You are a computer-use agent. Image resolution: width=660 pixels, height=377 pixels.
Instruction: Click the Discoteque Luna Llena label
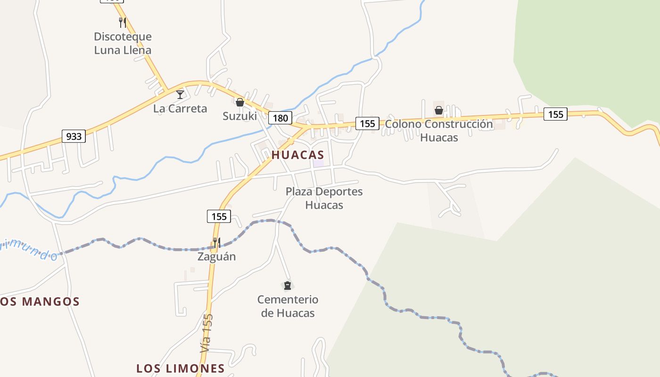[123, 43]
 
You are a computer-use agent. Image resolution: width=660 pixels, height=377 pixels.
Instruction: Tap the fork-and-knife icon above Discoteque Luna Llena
[123, 22]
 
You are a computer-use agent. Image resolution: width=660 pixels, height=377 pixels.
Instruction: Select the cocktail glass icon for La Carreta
[180, 95]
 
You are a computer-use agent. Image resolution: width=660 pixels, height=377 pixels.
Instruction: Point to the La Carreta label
[180, 108]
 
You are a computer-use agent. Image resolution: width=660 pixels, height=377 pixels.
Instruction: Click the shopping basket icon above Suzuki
[240, 102]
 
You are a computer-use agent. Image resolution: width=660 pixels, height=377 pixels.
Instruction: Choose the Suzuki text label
[240, 116]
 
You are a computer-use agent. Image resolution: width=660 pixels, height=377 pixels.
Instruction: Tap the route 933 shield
[74, 137]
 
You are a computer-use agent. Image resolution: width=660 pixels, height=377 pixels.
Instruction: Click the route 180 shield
[280, 117]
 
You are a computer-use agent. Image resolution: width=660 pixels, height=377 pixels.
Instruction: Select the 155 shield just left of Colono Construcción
[367, 123]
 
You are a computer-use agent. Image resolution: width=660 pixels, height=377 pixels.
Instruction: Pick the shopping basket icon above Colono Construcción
[439, 110]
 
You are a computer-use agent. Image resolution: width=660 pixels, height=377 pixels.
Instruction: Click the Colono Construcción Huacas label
[439, 131]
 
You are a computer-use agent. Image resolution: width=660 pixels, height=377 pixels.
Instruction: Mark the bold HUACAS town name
[297, 155]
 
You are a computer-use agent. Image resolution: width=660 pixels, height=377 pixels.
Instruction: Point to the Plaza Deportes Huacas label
[324, 198]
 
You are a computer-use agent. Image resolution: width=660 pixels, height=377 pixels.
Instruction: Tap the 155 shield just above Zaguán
[219, 216]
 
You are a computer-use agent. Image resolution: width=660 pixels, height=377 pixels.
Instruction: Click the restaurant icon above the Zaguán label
[216, 243]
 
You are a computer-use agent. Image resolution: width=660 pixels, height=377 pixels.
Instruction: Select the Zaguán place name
[216, 257]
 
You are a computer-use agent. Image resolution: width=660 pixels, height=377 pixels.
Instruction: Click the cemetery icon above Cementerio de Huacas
[288, 286]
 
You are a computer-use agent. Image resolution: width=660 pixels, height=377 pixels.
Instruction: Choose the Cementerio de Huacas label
[288, 306]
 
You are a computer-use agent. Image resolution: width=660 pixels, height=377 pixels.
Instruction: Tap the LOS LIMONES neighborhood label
[181, 368]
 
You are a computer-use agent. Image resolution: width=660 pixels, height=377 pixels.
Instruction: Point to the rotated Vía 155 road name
[206, 333]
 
